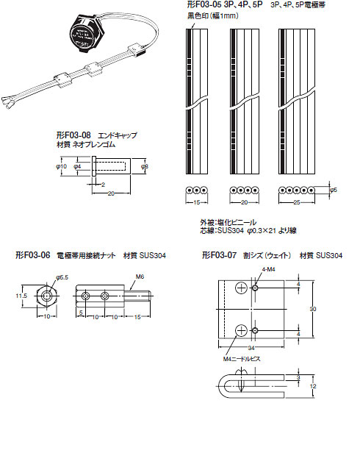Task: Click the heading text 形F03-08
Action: tap(73, 136)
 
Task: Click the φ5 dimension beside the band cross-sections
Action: tap(334, 190)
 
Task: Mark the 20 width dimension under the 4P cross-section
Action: tap(243, 202)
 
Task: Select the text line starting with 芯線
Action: tap(246, 230)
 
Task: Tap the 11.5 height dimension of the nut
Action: tap(21, 296)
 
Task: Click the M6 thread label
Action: tap(140, 277)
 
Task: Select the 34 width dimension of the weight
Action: tap(252, 347)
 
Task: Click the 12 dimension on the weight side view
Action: tap(312, 386)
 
